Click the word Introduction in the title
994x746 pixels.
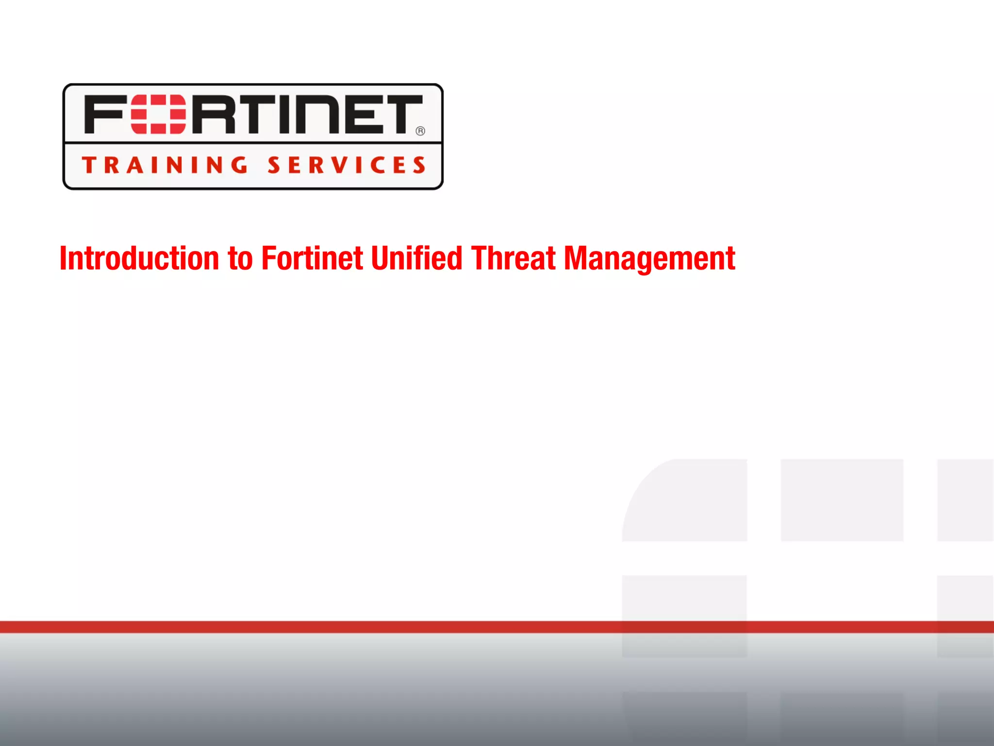tap(139, 258)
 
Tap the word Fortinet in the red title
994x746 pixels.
tap(312, 258)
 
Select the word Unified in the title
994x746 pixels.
tap(416, 258)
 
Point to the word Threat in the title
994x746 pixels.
tap(513, 258)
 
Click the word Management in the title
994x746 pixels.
tap(649, 259)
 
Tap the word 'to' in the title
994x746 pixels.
tap(240, 259)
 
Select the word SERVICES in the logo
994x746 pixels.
tap(347, 165)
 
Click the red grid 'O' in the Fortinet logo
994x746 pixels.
tap(158, 115)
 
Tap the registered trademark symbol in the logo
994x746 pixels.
tap(420, 131)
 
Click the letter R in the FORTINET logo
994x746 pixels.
tap(214, 115)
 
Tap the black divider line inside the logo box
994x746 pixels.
tap(252, 143)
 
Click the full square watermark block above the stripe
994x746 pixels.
tap(842, 500)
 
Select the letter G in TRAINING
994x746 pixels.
tap(238, 165)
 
